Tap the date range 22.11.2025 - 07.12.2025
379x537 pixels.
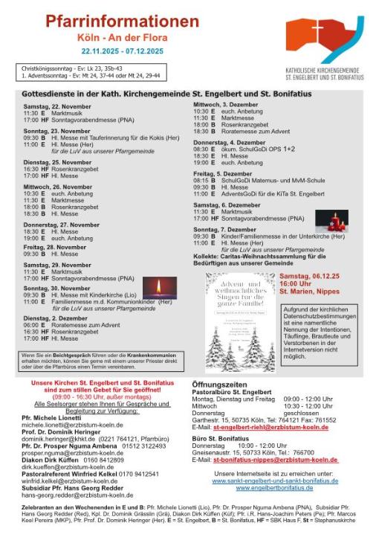pyautogui.click(x=113, y=52)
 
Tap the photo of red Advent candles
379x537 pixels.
pyautogui.click(x=331, y=221)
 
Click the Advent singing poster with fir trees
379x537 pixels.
pyautogui.click(x=239, y=321)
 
